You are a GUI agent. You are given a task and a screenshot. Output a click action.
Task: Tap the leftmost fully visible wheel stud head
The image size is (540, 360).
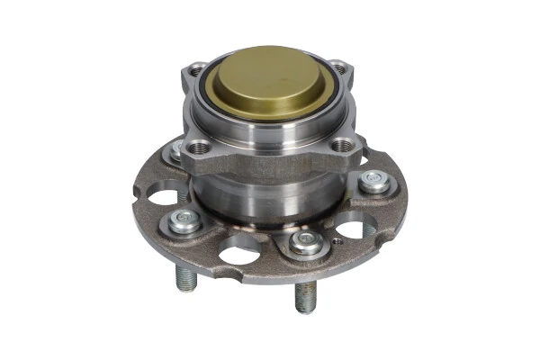pyautogui.click(x=185, y=220)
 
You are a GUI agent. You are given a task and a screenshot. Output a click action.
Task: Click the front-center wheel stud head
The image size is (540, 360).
pyautogui.click(x=307, y=240)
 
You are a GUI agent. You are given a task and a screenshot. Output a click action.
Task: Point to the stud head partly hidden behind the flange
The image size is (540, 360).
pyautogui.click(x=174, y=154)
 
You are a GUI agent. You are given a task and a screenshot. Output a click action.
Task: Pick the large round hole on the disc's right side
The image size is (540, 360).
pyautogui.click(x=357, y=227)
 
